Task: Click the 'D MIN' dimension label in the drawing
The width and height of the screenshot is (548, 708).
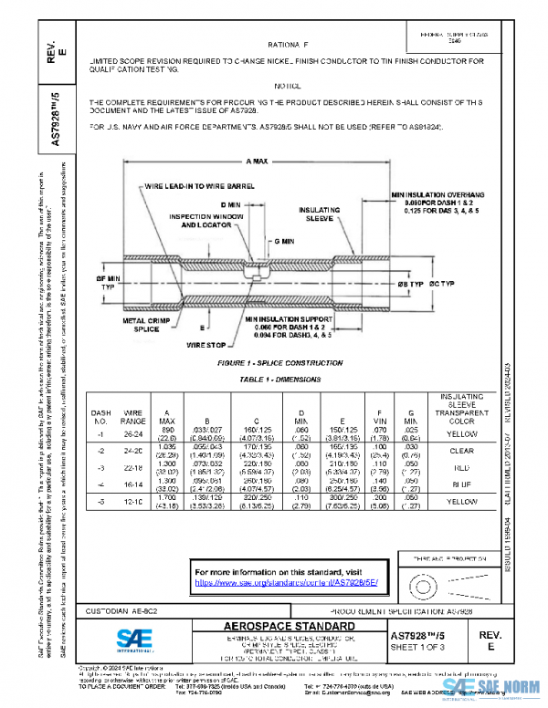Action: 232,204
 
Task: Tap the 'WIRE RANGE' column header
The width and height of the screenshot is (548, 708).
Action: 134,418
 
